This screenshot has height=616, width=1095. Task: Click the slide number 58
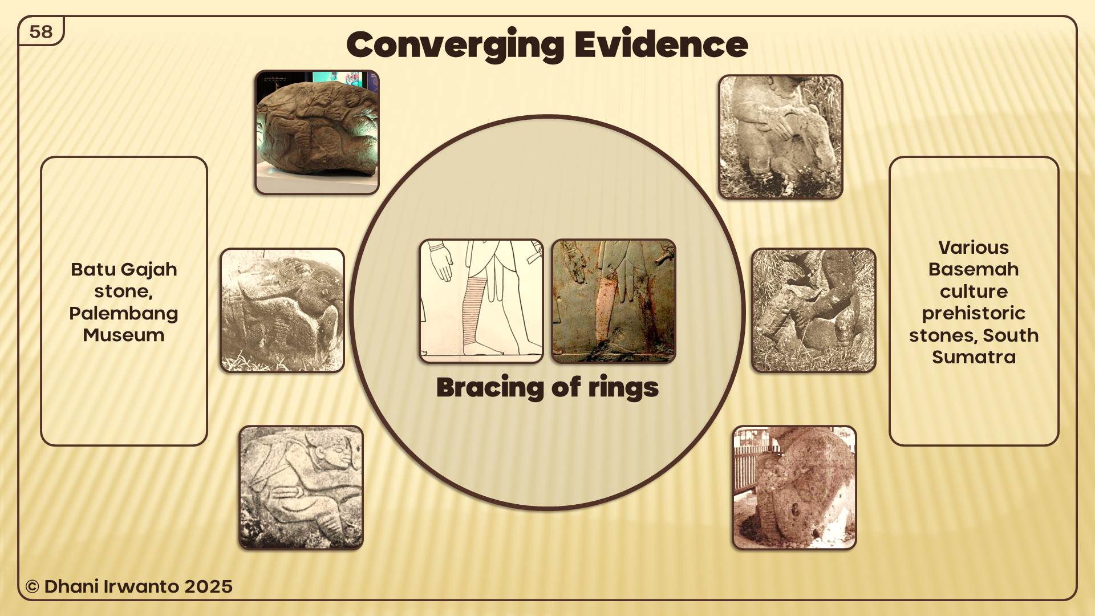pyautogui.click(x=40, y=32)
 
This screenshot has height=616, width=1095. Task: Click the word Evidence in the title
pyautogui.click(x=661, y=44)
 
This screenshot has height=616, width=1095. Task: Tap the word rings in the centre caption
pyautogui.click(x=623, y=388)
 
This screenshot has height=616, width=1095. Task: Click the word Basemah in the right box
pyautogui.click(x=974, y=269)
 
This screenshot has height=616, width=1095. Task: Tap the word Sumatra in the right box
pyautogui.click(x=974, y=357)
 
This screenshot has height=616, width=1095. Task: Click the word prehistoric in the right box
pyautogui.click(x=974, y=314)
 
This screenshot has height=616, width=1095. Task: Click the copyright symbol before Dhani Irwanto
pyautogui.click(x=33, y=587)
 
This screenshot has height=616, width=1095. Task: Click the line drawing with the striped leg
pyautogui.click(x=481, y=301)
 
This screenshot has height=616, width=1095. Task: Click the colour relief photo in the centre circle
pyautogui.click(x=614, y=301)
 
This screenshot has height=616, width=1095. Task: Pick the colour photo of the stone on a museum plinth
pyautogui.click(x=317, y=132)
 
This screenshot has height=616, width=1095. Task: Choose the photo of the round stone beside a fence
pyautogui.click(x=794, y=488)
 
